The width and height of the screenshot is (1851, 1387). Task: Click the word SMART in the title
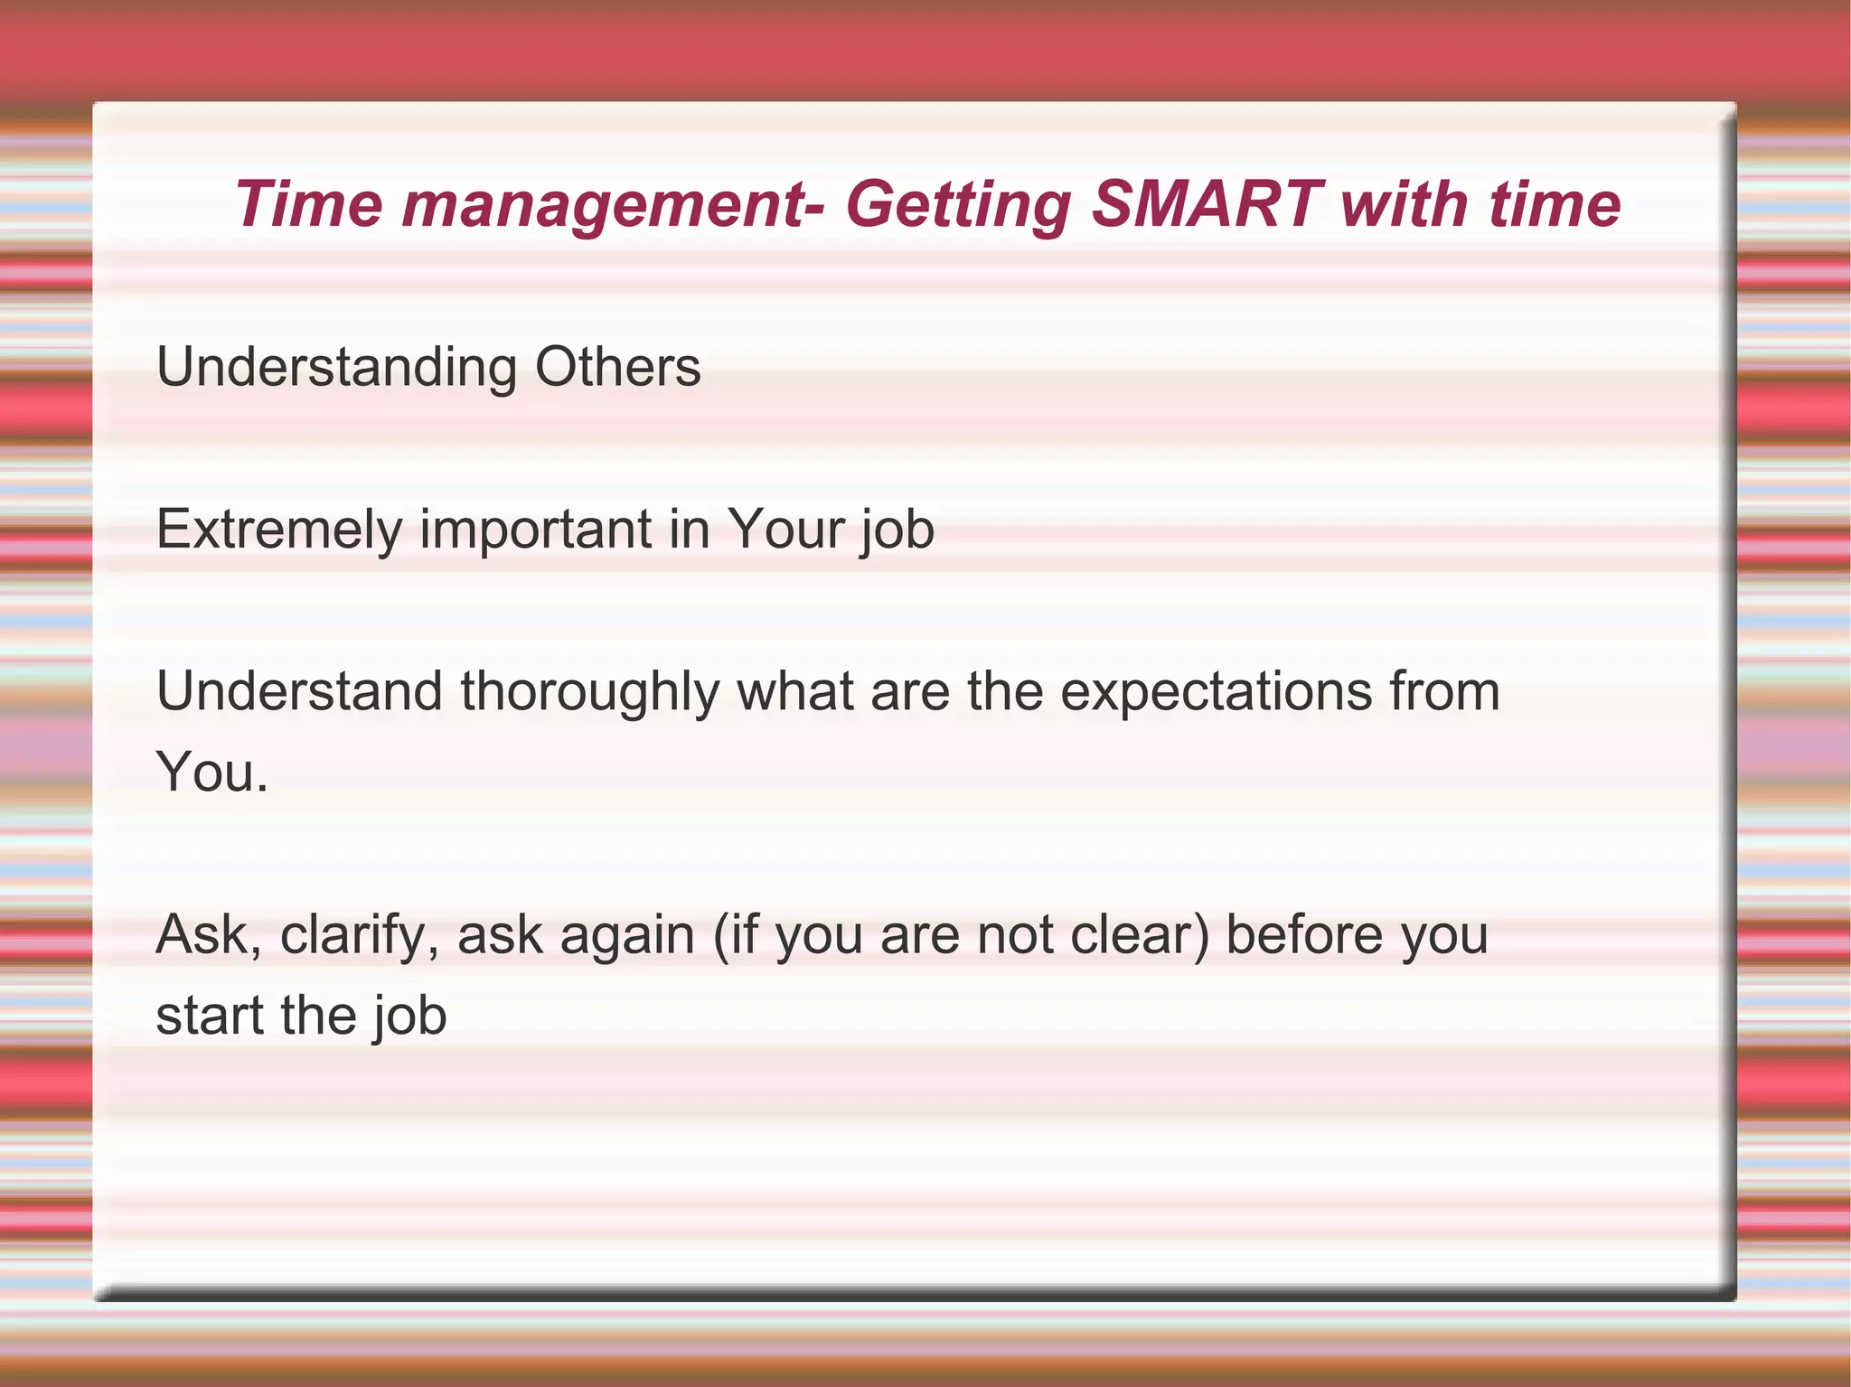1206,204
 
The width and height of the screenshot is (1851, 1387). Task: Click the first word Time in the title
308,204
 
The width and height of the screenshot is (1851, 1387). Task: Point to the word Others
617,367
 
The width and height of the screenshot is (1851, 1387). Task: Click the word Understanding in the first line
337,369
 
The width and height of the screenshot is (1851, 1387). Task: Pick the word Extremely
278,529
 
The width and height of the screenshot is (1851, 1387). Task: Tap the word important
536,529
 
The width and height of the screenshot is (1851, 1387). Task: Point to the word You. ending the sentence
212,773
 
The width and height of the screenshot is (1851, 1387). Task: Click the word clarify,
360,935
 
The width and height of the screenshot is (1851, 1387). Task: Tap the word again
627,936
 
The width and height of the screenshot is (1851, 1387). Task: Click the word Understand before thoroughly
299,692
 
